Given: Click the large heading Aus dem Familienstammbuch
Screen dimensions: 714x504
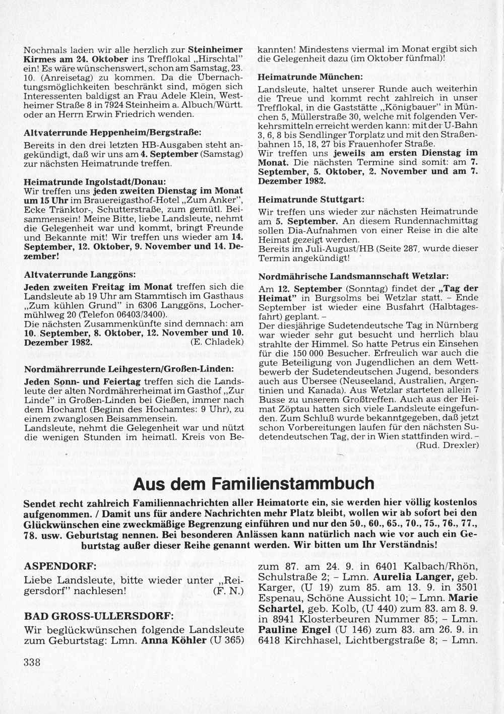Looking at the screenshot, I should pyautogui.click(x=254, y=484).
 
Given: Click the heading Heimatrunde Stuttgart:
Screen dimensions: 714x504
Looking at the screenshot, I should pyautogui.click(x=311, y=199).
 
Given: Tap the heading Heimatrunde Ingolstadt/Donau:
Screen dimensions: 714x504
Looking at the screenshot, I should pyautogui.click(x=95, y=181).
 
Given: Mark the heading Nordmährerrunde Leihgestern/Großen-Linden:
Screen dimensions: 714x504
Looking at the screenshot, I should pyautogui.click(x=129, y=369).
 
